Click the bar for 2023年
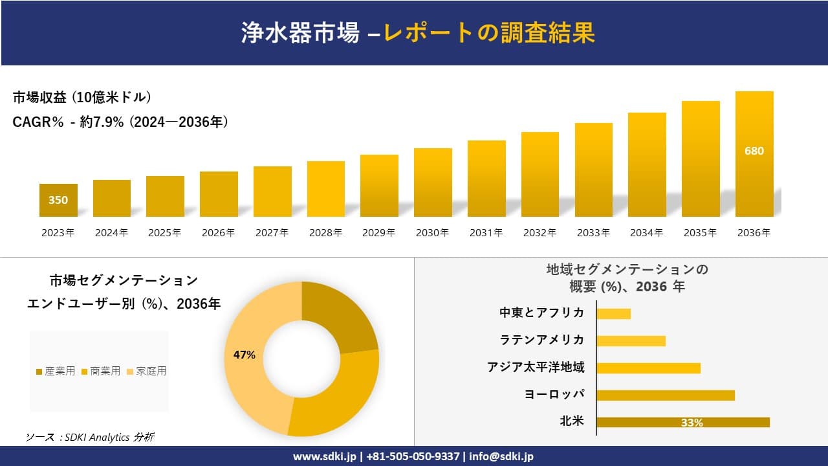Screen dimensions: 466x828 point(58,201)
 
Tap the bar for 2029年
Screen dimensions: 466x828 point(379,186)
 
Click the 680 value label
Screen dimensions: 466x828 point(754,151)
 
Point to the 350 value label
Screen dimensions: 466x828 point(58,200)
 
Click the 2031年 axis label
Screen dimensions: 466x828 point(486,233)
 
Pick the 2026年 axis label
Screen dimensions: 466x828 point(218,233)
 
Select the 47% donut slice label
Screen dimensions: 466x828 point(245,355)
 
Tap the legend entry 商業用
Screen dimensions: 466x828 point(100,371)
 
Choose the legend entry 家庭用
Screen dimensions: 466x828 point(147,371)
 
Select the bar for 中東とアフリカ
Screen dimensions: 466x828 point(613,313)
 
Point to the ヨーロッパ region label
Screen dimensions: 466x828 point(554,394)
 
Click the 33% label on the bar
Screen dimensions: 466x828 point(692,423)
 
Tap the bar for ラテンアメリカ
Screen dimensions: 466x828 point(631,340)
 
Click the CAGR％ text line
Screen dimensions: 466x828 point(120,122)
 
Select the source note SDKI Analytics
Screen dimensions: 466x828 point(90,438)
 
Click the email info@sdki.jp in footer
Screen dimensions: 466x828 point(502,456)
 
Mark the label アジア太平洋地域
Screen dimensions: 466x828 point(536,367)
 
